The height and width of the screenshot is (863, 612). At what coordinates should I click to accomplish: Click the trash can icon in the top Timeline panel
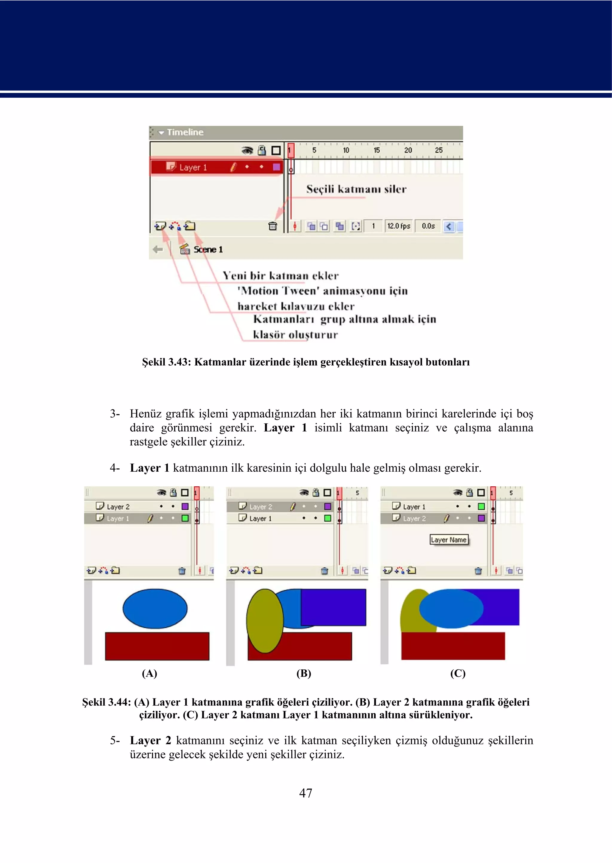click(273, 226)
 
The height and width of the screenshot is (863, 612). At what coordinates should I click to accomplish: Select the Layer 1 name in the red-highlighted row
click(193, 167)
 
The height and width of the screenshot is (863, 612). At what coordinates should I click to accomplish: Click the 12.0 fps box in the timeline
click(399, 226)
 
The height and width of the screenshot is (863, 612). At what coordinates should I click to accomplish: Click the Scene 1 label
click(208, 249)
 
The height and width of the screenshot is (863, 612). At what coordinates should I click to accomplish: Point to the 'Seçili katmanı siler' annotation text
click(356, 189)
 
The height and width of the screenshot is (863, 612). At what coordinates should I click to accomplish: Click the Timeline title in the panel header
click(185, 132)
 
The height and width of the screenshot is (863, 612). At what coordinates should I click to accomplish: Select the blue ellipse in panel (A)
click(155, 608)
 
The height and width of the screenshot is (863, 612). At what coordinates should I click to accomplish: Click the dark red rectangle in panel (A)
click(157, 646)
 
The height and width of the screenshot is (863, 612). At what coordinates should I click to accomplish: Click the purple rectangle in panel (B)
click(333, 607)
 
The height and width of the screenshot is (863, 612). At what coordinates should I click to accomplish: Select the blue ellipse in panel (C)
click(451, 608)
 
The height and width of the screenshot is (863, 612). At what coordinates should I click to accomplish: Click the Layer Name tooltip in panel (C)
click(449, 540)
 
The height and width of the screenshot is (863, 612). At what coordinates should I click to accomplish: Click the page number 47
click(306, 793)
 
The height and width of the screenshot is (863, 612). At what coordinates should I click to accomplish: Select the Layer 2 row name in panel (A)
click(118, 507)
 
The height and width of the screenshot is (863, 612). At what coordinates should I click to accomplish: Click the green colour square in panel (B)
click(328, 518)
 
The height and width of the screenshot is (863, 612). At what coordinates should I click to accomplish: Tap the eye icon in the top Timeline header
click(247, 151)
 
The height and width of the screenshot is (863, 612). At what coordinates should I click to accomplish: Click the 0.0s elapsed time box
click(428, 226)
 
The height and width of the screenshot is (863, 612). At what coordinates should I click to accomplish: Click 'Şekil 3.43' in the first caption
click(166, 362)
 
